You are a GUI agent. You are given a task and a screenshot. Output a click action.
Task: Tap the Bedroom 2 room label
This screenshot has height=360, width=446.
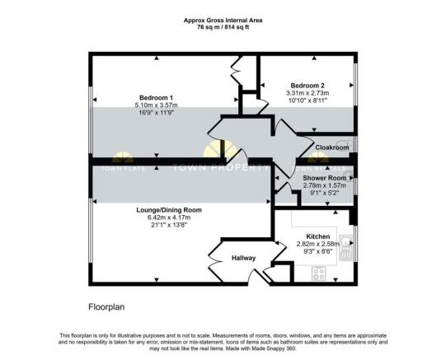(307, 85)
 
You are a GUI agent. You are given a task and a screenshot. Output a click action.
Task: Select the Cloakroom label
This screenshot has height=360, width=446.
(331, 147)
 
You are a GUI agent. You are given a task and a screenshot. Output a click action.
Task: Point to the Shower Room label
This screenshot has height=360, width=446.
(323, 179)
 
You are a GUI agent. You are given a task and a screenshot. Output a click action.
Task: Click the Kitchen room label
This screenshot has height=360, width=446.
(317, 237)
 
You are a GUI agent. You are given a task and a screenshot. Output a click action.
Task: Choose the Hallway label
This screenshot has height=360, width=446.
(243, 259)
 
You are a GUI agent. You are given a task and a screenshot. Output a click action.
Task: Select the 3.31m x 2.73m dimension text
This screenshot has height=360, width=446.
(307, 93)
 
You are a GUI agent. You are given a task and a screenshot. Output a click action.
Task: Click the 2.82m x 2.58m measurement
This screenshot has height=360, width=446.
(317, 245)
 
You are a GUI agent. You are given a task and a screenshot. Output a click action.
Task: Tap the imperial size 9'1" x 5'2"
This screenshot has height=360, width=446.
(323, 194)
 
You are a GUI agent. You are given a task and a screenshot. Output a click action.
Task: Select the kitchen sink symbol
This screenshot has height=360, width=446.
(347, 245)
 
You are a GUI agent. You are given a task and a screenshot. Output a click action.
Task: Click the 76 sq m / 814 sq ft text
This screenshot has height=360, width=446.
(223, 27)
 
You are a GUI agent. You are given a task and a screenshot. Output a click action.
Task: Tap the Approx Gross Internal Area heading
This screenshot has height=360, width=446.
(223, 20)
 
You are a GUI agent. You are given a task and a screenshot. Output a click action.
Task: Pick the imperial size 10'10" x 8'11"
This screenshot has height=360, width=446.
(307, 101)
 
